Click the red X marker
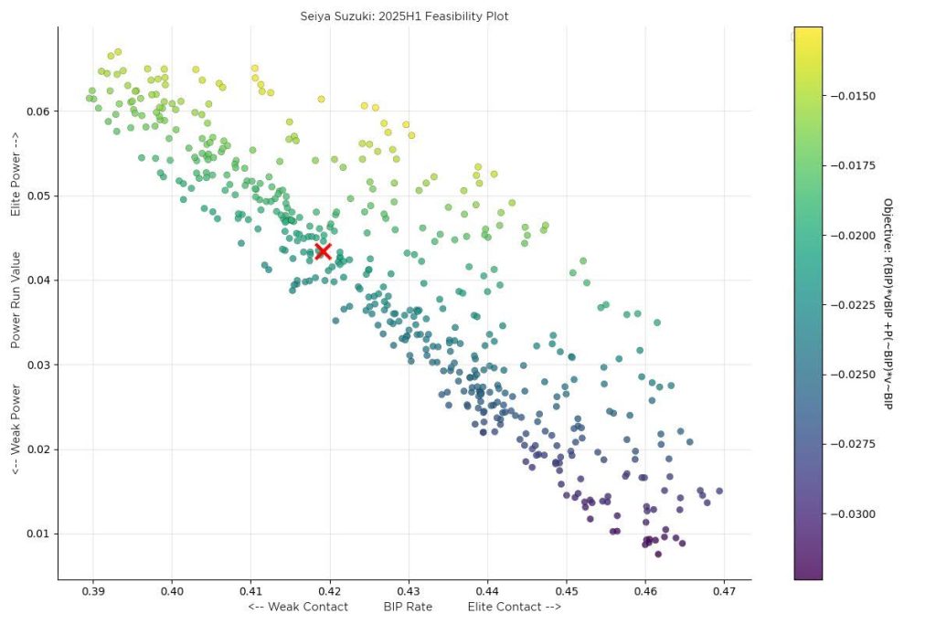coord(323,251)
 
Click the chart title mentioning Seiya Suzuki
coord(404,16)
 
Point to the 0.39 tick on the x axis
coord(93,592)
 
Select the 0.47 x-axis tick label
coord(724,592)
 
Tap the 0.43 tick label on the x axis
coord(409,592)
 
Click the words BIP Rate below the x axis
coord(408,607)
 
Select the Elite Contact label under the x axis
coord(515,607)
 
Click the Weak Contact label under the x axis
coord(298,607)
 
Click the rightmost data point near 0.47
coord(719,491)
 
